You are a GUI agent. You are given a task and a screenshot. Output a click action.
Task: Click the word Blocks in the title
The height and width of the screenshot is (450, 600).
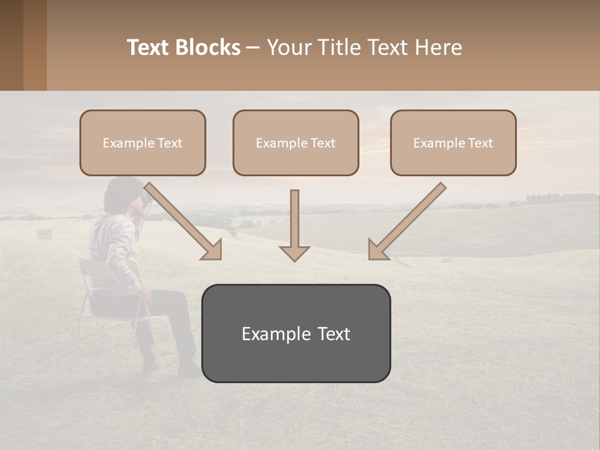pyautogui.click(x=209, y=47)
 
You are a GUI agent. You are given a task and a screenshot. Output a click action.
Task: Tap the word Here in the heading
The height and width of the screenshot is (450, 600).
pyautogui.click(x=437, y=47)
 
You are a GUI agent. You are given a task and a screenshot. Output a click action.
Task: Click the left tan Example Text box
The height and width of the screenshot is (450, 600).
pyautogui.click(x=142, y=142)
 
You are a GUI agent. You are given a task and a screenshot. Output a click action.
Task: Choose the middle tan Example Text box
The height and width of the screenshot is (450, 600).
pyautogui.click(x=296, y=142)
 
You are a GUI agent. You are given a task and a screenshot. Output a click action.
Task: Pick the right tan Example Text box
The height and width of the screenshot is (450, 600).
pyautogui.click(x=453, y=142)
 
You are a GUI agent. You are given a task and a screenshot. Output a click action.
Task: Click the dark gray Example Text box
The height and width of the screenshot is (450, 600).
pyautogui.click(x=296, y=333)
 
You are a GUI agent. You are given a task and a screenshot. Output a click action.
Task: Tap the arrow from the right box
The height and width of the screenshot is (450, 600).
pyautogui.click(x=406, y=221)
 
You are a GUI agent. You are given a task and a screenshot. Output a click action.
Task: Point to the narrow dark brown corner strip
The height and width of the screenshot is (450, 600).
pyautogui.click(x=11, y=45)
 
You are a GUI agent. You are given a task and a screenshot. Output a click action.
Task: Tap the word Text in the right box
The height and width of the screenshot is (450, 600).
pyautogui.click(x=480, y=143)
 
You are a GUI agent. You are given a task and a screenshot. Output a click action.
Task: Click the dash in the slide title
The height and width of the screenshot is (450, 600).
pyautogui.click(x=253, y=47)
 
